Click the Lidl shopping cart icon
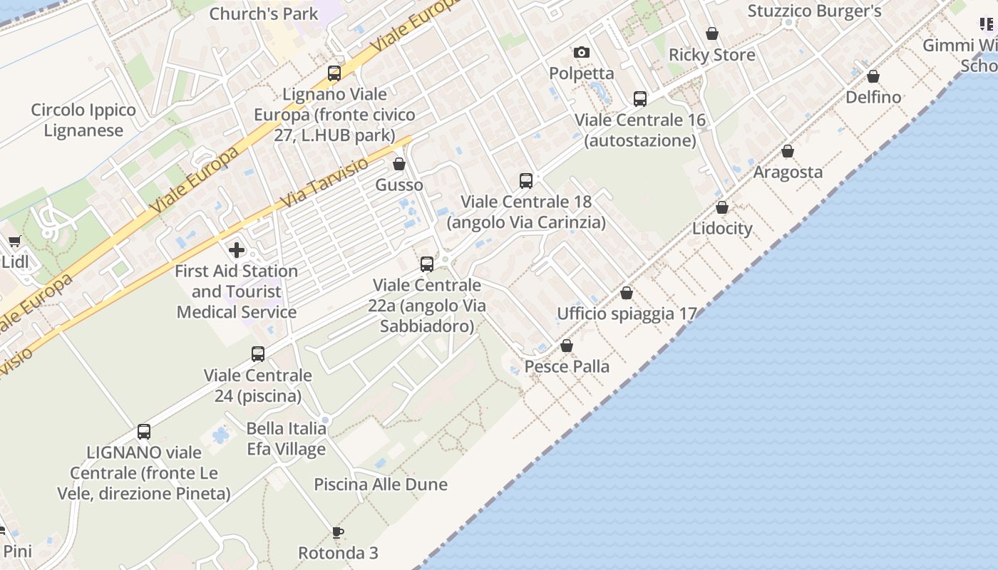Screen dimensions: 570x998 pyautogui.click(x=14, y=242)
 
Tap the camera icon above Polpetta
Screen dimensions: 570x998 pyautogui.click(x=582, y=52)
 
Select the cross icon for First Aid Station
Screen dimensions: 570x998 pyautogui.click(x=237, y=250)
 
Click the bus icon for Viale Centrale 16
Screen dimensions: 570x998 pyautogui.click(x=640, y=99)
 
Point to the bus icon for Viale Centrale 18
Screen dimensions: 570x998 pyautogui.click(x=526, y=181)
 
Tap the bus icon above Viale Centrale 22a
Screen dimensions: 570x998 pyautogui.click(x=427, y=264)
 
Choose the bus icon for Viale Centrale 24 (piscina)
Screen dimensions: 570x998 pyautogui.click(x=258, y=354)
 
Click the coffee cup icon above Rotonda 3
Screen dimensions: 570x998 pyautogui.click(x=338, y=532)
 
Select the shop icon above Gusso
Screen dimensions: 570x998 pyautogui.click(x=399, y=165)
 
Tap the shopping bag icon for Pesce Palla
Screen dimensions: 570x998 pyautogui.click(x=567, y=346)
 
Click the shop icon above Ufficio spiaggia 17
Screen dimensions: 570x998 pyautogui.click(x=627, y=293)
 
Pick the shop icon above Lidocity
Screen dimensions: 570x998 pyautogui.click(x=722, y=208)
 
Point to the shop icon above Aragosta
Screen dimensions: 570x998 pyautogui.click(x=788, y=151)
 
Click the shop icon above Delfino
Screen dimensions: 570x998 pyautogui.click(x=873, y=76)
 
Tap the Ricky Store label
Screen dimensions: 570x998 pyautogui.click(x=711, y=55)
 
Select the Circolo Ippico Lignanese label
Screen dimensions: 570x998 pyautogui.click(x=83, y=120)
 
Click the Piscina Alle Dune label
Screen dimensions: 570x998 pyautogui.click(x=381, y=484)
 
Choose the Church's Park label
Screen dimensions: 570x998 pyautogui.click(x=264, y=14)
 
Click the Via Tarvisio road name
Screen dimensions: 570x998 pyautogui.click(x=325, y=184)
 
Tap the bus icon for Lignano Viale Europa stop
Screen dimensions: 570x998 pyautogui.click(x=334, y=73)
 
